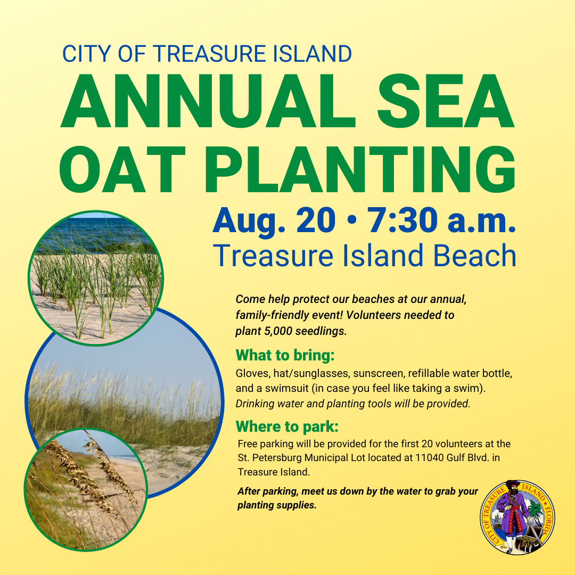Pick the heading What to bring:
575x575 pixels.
[x=285, y=355]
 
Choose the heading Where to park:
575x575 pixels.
[x=287, y=426]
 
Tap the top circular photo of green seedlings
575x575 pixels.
[x=96, y=277]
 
